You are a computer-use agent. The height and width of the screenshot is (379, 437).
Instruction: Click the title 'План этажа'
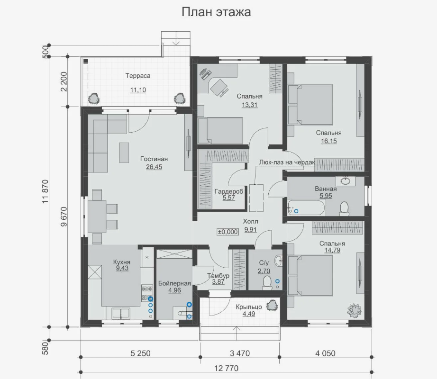click(x=216, y=12)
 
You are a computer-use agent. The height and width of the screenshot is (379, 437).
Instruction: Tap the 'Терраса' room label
click(x=137, y=76)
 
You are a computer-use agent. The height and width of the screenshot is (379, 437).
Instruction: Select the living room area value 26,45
click(x=154, y=167)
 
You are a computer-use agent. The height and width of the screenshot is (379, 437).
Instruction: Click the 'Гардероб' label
click(x=229, y=191)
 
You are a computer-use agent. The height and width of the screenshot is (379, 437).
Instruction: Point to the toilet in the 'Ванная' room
click(x=344, y=208)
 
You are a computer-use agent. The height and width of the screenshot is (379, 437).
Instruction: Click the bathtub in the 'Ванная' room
click(x=306, y=208)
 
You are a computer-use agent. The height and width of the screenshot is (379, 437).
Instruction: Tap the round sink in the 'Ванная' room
click(x=346, y=181)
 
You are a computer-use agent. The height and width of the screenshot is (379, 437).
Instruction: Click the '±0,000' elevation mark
click(x=228, y=232)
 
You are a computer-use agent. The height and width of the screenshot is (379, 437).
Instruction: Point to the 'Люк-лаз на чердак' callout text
click(x=287, y=162)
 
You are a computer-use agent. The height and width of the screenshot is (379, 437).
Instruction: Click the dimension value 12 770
click(x=226, y=369)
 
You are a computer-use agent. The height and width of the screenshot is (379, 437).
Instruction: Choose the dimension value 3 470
click(x=240, y=353)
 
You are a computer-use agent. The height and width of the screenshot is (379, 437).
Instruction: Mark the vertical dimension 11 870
click(x=46, y=191)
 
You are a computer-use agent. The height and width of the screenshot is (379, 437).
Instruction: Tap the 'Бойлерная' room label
click(x=174, y=283)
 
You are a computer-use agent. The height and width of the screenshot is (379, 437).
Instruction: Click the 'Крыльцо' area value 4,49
click(x=249, y=314)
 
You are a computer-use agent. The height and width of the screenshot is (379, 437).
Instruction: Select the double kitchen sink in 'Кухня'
click(x=121, y=313)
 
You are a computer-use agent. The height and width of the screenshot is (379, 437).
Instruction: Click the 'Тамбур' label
click(x=218, y=276)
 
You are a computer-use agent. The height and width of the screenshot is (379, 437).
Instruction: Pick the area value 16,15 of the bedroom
click(x=329, y=141)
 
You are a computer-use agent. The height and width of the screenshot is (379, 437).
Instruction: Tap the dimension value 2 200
click(x=64, y=81)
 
